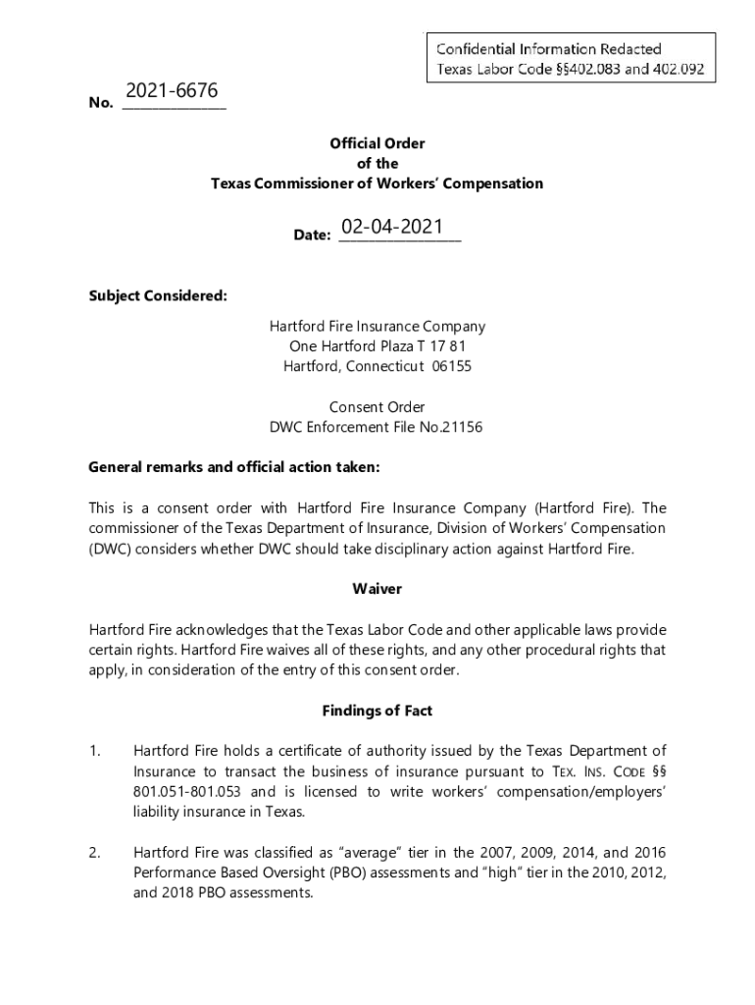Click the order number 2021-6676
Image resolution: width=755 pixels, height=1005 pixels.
[172, 91]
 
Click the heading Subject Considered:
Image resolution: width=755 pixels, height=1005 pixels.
[158, 295]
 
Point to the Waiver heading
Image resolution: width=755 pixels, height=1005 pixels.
[377, 589]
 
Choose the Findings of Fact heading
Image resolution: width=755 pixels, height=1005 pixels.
[377, 711]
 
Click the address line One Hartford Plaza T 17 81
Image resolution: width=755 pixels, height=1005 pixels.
[377, 345]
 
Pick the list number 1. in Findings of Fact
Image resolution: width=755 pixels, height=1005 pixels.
[95, 752]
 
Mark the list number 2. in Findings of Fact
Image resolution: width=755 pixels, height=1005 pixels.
[95, 853]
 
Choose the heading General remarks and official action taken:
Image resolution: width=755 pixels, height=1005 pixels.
[233, 467]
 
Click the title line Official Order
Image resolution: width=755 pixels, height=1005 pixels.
[377, 143]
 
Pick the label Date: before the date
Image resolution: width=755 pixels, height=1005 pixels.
[312, 236]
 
